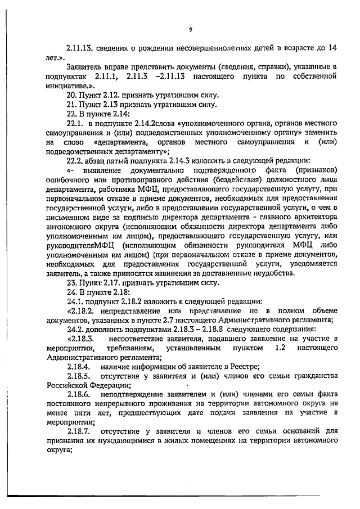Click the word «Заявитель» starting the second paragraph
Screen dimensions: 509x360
[85, 66]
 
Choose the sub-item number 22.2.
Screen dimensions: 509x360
[75, 160]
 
